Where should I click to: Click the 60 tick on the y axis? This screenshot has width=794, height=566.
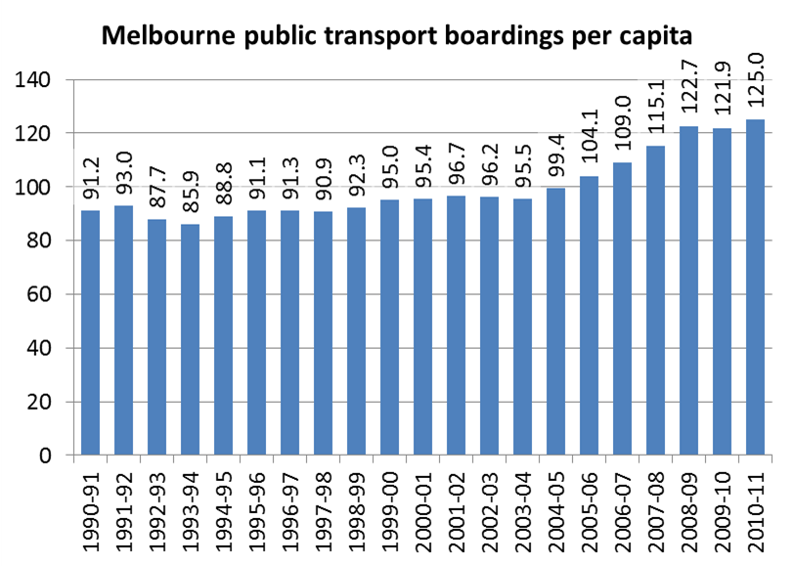point(42,295)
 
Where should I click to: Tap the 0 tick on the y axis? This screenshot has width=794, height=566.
point(48,456)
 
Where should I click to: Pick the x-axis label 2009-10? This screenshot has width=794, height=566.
point(721,508)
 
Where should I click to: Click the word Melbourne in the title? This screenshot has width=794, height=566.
point(167,38)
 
